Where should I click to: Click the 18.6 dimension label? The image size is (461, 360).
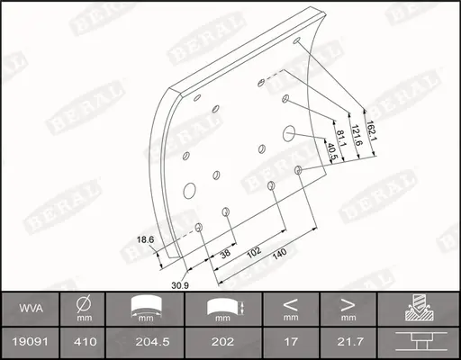[x=145, y=239]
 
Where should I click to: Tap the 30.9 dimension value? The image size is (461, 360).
[x=180, y=285]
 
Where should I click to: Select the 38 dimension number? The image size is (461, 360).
[x=225, y=253]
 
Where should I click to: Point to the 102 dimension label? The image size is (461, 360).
[x=254, y=252]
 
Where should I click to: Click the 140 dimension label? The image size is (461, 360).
[x=279, y=255]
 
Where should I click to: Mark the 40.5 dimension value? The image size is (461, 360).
[x=331, y=151]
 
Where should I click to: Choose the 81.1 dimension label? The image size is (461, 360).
[x=340, y=139]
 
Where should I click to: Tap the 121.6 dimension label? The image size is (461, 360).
[x=357, y=135]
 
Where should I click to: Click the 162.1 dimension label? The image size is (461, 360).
[x=371, y=131]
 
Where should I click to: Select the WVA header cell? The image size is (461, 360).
[x=31, y=309]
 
